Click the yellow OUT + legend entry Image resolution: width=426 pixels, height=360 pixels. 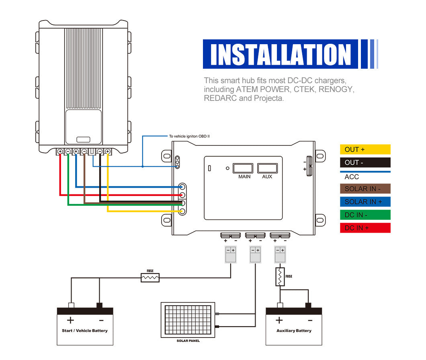(365, 149)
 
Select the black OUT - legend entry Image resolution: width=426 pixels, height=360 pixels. (365, 163)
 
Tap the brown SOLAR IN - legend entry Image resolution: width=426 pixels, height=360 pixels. (365, 189)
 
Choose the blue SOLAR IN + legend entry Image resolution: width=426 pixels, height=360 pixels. (365, 202)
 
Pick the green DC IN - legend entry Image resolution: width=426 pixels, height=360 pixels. (365, 215)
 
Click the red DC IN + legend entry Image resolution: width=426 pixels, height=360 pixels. (365, 228)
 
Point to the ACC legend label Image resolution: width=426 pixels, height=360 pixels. (352, 177)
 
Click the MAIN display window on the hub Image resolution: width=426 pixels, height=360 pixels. (243, 168)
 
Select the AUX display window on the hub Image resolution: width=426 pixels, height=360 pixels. (267, 168)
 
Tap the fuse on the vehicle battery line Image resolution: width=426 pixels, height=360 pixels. (150, 277)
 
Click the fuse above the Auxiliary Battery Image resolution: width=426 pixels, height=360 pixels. (280, 277)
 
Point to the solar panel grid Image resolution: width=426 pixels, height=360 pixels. (188, 320)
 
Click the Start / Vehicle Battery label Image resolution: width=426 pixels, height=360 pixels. (85, 331)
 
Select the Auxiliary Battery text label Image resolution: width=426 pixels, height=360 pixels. (294, 331)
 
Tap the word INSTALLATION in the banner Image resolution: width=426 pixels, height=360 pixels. (281, 54)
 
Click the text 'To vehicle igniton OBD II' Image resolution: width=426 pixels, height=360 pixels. (189, 137)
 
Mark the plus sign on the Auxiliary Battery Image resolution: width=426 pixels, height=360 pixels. (279, 320)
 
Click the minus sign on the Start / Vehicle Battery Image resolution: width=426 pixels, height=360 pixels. (101, 320)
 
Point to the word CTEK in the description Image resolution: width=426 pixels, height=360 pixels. (303, 89)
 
